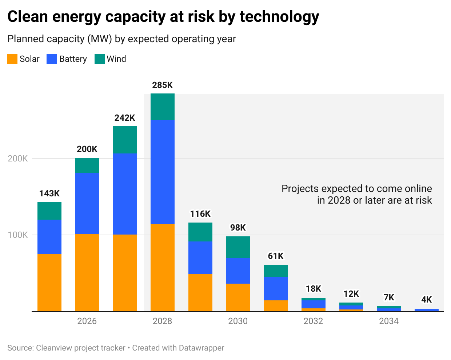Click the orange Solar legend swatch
(12, 59)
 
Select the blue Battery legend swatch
(52, 59)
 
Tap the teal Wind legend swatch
(99, 59)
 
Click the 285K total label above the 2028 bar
(162, 85)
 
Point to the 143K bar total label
(49, 193)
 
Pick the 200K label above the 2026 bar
(87, 149)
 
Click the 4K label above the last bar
(426, 300)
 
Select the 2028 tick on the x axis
(162, 321)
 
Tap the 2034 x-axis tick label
(388, 321)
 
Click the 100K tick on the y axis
(18, 235)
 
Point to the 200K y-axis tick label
(18, 159)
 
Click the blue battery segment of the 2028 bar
(162, 172)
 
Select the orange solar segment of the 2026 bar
(87, 272)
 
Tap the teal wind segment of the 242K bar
(125, 140)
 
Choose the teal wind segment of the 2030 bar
(238, 247)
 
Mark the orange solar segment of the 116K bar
(200, 293)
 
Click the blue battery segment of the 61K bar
(276, 288)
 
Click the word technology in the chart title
(279, 17)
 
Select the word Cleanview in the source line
(54, 348)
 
